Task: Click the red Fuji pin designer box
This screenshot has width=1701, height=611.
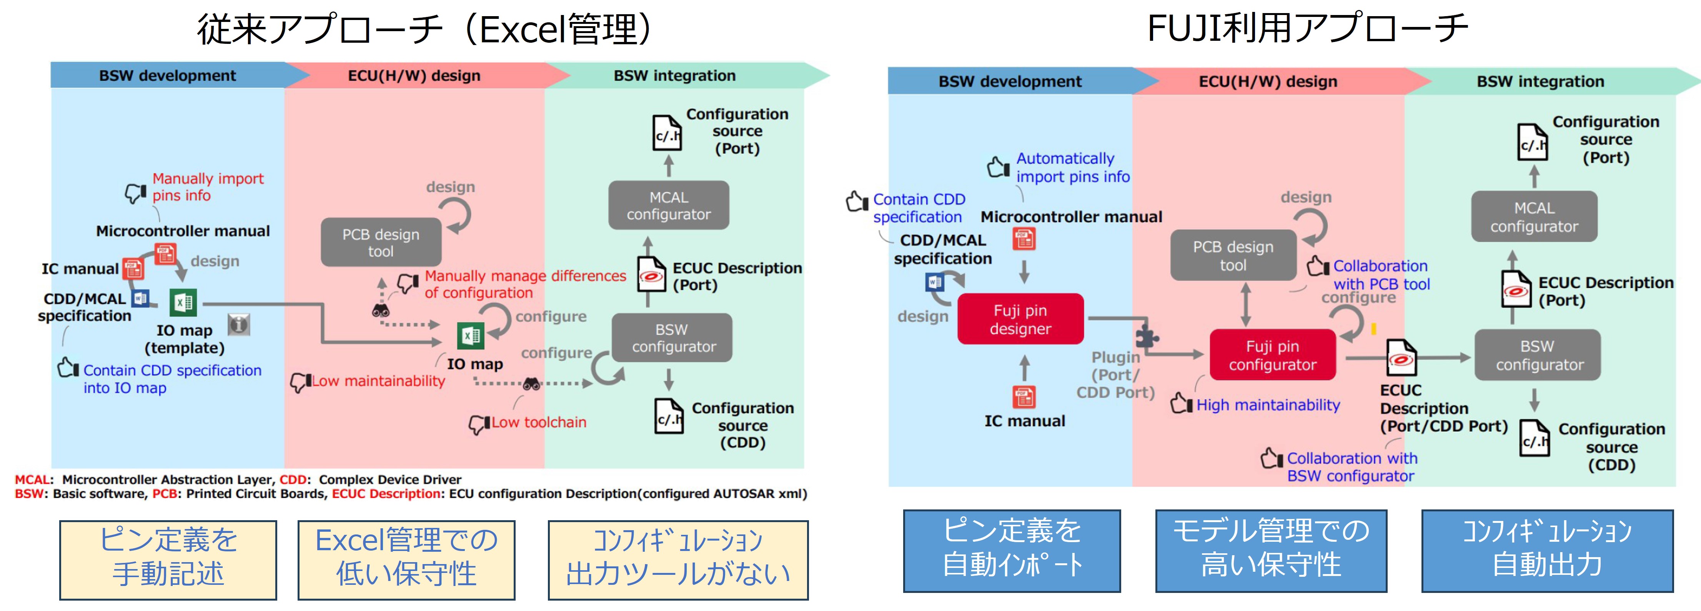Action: click(x=1020, y=319)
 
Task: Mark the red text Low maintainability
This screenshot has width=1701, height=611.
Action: click(x=378, y=381)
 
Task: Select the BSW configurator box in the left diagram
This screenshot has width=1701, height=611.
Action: click(x=672, y=337)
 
